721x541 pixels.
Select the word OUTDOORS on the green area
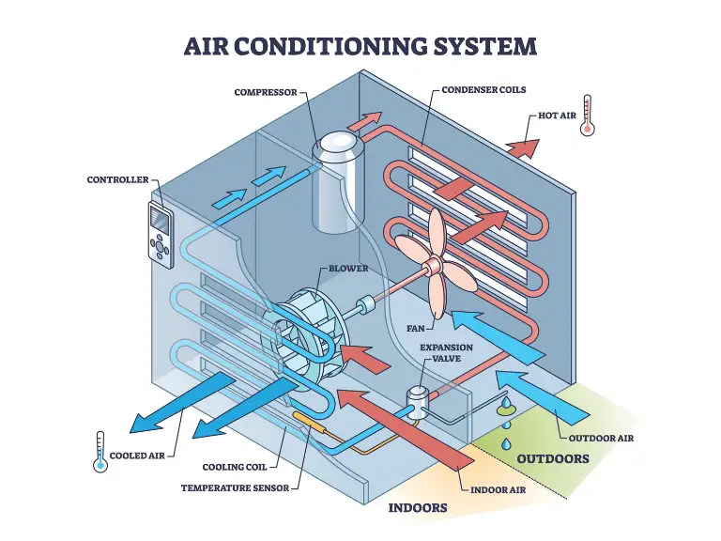point(553,459)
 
